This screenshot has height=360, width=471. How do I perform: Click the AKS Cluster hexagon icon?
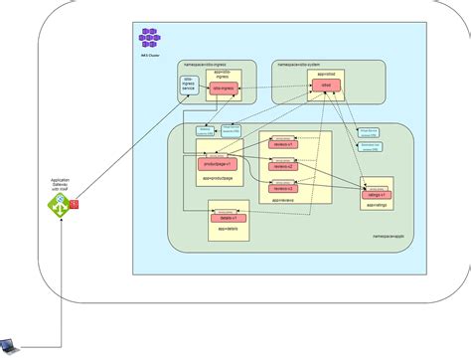(x=151, y=39)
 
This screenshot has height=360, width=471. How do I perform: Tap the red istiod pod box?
(x=325, y=88)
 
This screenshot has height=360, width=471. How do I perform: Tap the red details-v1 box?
(x=229, y=216)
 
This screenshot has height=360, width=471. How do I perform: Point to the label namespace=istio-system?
(x=297, y=63)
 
